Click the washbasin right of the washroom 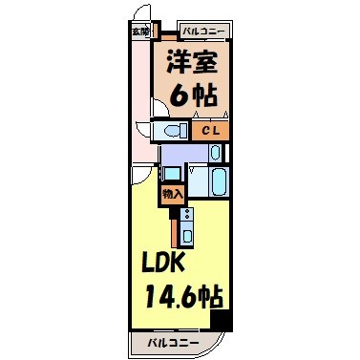[216, 153]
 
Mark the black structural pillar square [222, 322]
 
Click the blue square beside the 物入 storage [172, 173]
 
